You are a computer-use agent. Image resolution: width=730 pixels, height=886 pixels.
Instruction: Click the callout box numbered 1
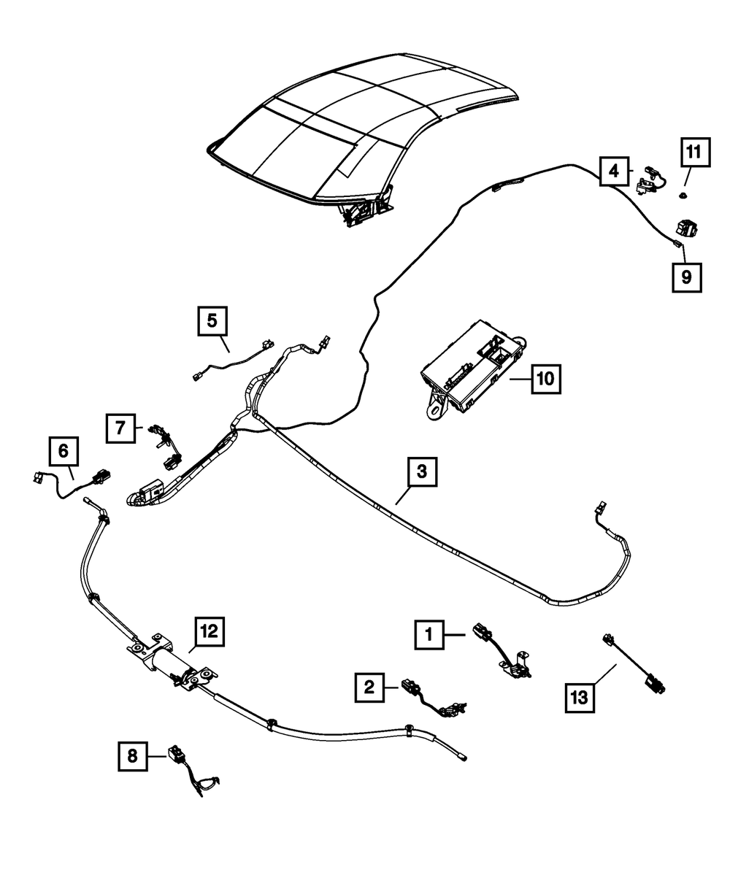(430, 636)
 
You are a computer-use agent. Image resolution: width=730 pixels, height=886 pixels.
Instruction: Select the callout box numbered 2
(370, 686)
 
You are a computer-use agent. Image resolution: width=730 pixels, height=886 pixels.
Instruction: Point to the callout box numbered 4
(614, 172)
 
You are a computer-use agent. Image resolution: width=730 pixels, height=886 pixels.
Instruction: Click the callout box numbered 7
(120, 428)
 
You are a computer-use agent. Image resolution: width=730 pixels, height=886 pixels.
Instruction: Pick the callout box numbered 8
(132, 756)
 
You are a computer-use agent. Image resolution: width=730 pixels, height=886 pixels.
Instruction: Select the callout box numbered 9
(687, 277)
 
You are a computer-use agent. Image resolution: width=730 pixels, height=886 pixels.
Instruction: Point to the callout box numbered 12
(209, 632)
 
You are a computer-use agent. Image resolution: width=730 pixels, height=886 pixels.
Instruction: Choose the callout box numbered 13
(579, 697)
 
